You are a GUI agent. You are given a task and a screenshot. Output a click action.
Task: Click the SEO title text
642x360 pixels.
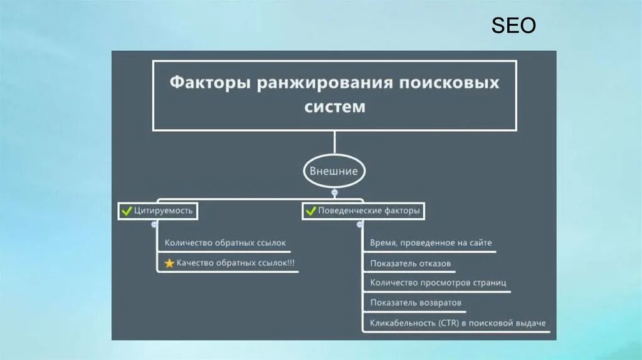[513, 26]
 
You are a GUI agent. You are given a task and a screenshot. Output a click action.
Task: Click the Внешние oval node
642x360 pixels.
[334, 171]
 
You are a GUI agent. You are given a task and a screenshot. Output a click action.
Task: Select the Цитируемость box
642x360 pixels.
[158, 211]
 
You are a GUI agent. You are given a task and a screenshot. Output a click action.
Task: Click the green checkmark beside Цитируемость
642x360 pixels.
[125, 211]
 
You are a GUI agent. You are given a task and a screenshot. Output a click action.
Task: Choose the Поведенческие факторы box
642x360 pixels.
[362, 211]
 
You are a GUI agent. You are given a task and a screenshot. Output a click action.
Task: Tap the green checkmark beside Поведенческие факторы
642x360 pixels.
[310, 211]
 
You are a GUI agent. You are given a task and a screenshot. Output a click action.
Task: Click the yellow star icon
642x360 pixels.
[169, 263]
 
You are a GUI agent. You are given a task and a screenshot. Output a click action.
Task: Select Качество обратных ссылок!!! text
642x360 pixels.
[236, 263]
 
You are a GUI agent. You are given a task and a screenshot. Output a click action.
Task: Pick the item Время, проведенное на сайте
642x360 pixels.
[431, 243]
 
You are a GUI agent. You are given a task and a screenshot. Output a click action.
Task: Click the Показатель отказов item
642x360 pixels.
[410, 263]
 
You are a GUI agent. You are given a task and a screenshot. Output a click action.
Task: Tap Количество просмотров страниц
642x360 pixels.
[438, 283]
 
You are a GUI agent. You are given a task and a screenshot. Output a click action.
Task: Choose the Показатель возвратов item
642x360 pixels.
[416, 303]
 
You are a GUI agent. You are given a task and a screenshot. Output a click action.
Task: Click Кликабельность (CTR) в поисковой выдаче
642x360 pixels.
[458, 323]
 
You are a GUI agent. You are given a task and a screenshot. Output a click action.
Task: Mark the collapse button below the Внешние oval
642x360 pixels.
[335, 193]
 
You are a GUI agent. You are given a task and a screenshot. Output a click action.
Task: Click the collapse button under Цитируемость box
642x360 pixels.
[154, 224]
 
